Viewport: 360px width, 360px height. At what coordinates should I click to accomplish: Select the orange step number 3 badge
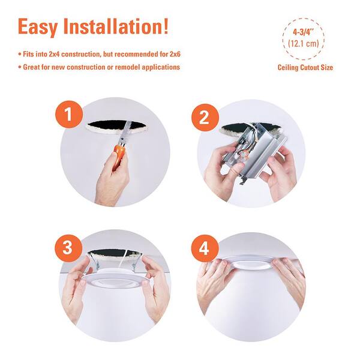coord(68,247)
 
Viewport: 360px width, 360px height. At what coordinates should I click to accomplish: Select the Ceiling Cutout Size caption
coord(305,68)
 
